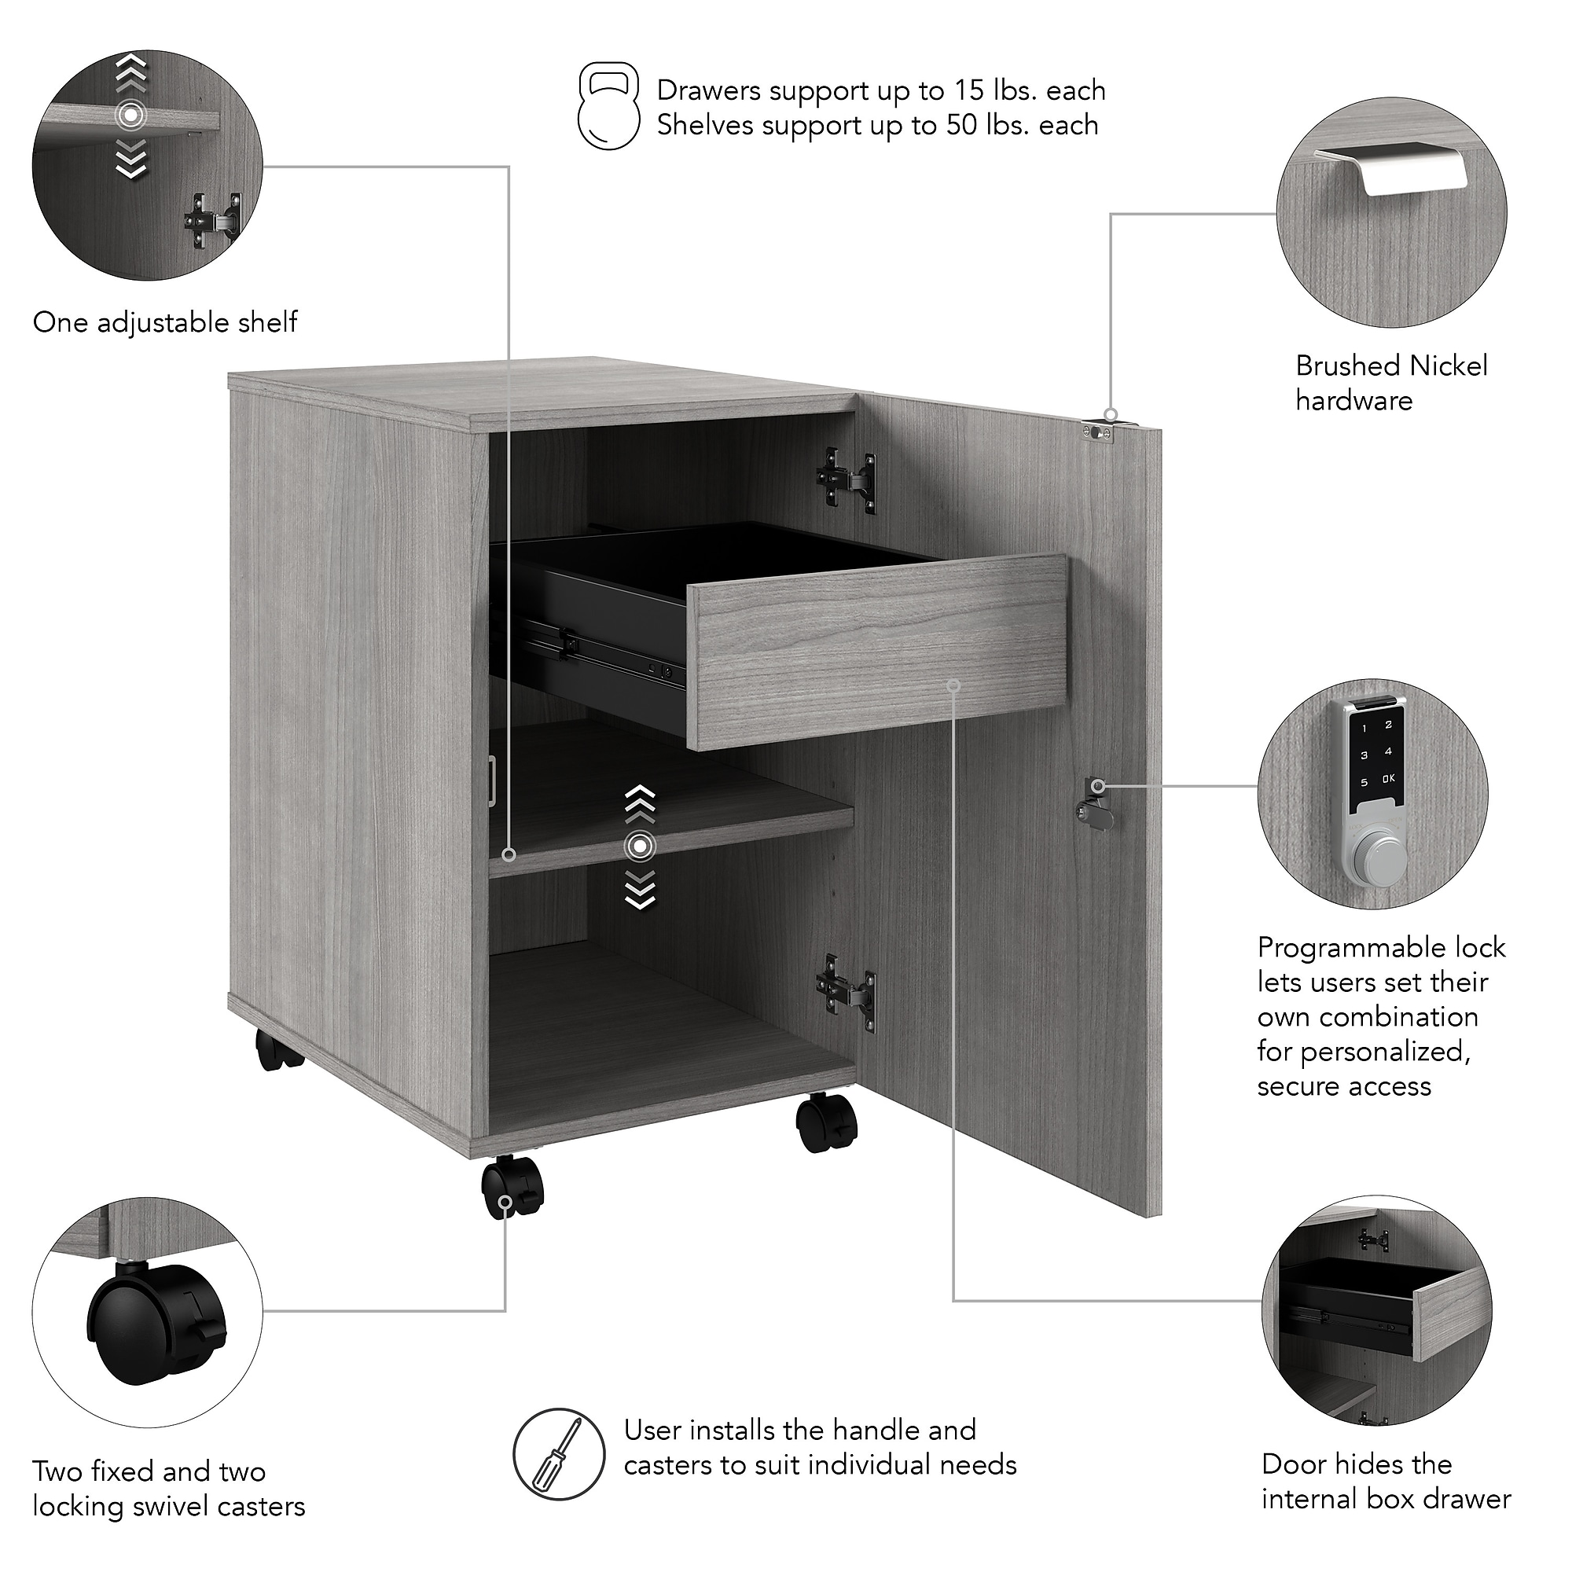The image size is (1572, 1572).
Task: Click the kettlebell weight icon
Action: [608, 107]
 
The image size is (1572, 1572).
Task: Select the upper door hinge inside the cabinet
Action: [847, 481]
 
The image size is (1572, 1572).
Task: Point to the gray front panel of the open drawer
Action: [877, 651]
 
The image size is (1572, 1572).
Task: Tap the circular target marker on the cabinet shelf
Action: [640, 847]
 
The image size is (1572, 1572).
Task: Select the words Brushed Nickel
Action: [1391, 365]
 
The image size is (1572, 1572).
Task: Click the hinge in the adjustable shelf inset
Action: [212, 220]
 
